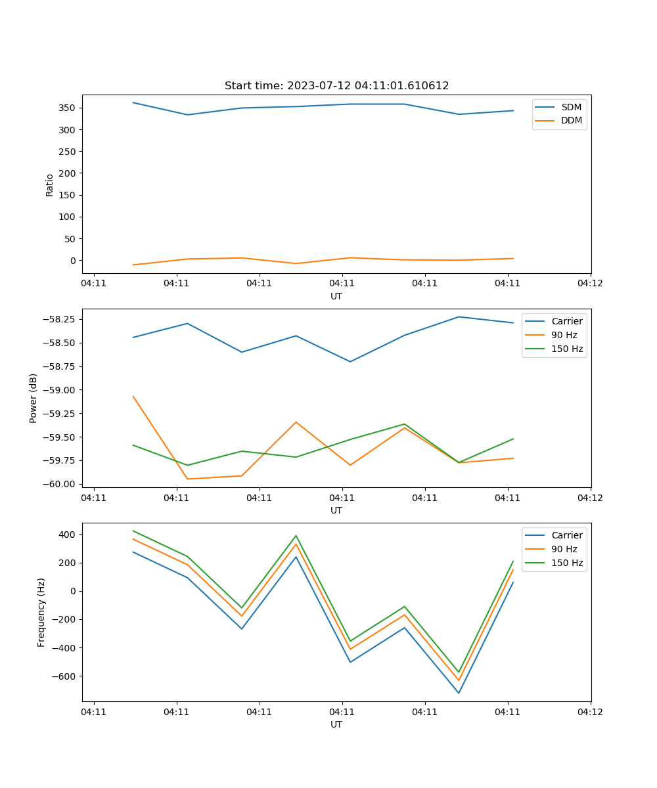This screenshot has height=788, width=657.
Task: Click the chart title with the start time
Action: tap(336, 86)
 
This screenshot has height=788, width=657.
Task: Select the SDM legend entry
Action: tap(571, 107)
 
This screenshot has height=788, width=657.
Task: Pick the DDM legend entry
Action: tap(571, 120)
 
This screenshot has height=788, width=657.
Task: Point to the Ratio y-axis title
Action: tap(50, 185)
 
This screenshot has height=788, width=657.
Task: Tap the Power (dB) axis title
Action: tap(34, 398)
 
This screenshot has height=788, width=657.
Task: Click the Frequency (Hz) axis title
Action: tap(41, 612)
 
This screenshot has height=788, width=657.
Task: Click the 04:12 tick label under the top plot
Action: tap(590, 284)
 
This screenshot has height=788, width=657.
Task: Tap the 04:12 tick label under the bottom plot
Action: tap(590, 712)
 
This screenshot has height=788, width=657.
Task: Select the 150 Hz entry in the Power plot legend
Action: tap(567, 349)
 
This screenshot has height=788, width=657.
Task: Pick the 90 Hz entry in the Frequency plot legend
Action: tap(564, 549)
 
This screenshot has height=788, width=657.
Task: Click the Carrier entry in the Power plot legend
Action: tap(566, 321)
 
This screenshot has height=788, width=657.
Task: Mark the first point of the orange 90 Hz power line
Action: tap(133, 396)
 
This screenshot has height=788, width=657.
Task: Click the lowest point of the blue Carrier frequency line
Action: tap(459, 693)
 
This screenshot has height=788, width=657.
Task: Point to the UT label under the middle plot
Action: tap(336, 510)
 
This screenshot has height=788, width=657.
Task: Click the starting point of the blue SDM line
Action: tap(133, 102)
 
